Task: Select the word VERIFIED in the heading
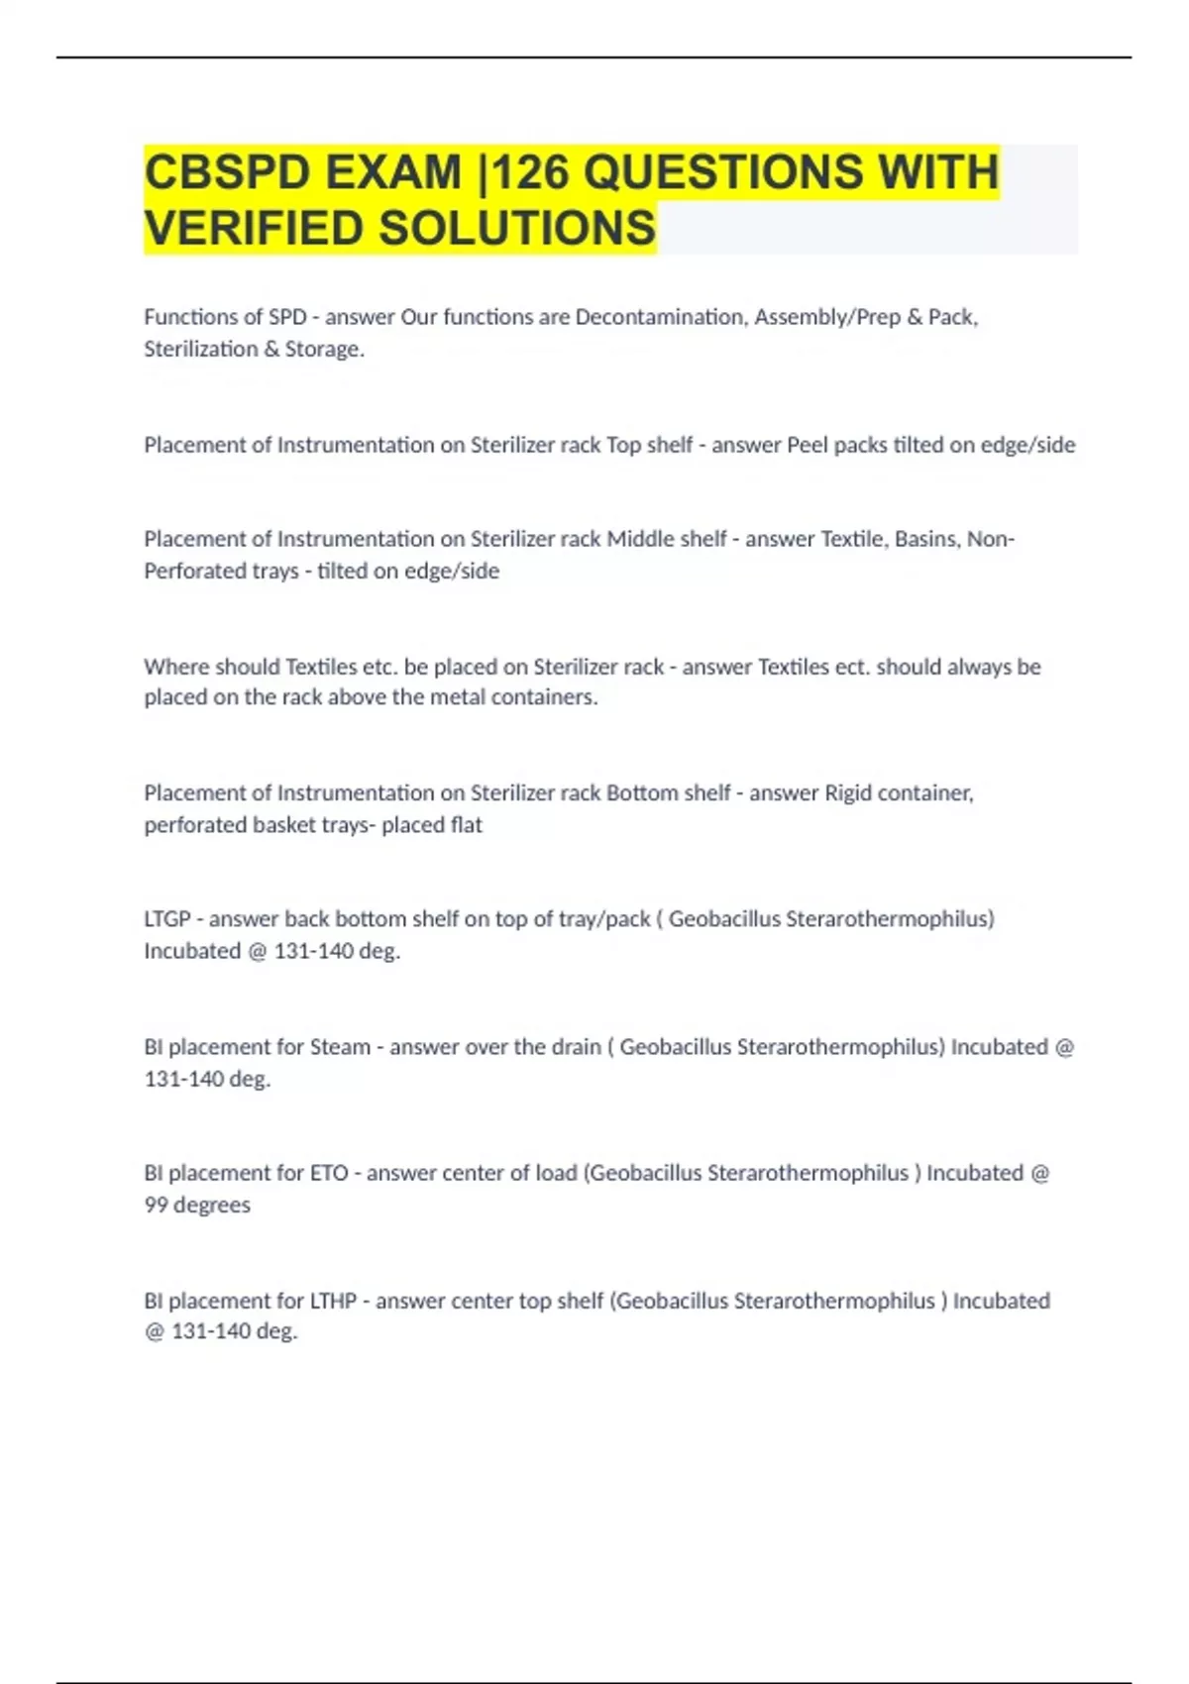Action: [254, 228]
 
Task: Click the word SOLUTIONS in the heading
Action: [516, 228]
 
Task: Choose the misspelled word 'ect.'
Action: [851, 667]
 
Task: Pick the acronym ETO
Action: [329, 1173]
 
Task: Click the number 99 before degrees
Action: [156, 1205]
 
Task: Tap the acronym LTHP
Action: [333, 1301]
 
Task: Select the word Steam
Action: [340, 1047]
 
